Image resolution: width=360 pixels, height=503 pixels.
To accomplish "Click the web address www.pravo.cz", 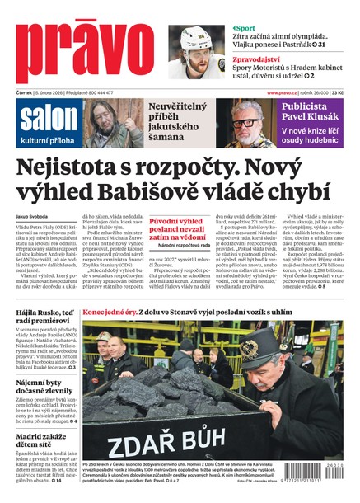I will [x=283, y=93].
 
